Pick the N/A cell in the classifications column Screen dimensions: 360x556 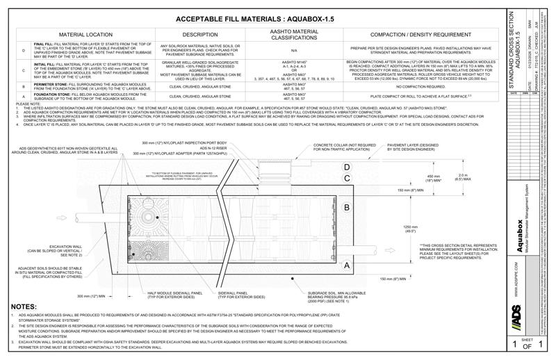coord(293,50)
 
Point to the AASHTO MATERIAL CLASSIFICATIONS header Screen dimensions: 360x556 coord(293,33)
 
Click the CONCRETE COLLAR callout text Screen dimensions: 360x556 coord(341,147)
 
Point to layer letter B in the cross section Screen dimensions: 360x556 coord(347,207)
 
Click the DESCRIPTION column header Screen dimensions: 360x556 coord(200,33)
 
